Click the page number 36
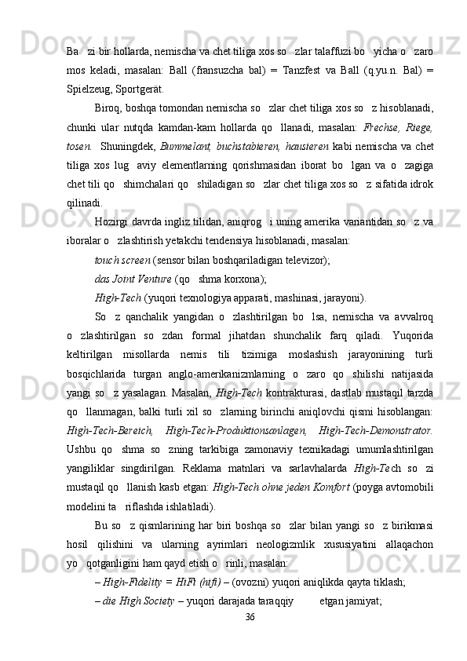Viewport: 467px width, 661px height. (250, 640)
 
